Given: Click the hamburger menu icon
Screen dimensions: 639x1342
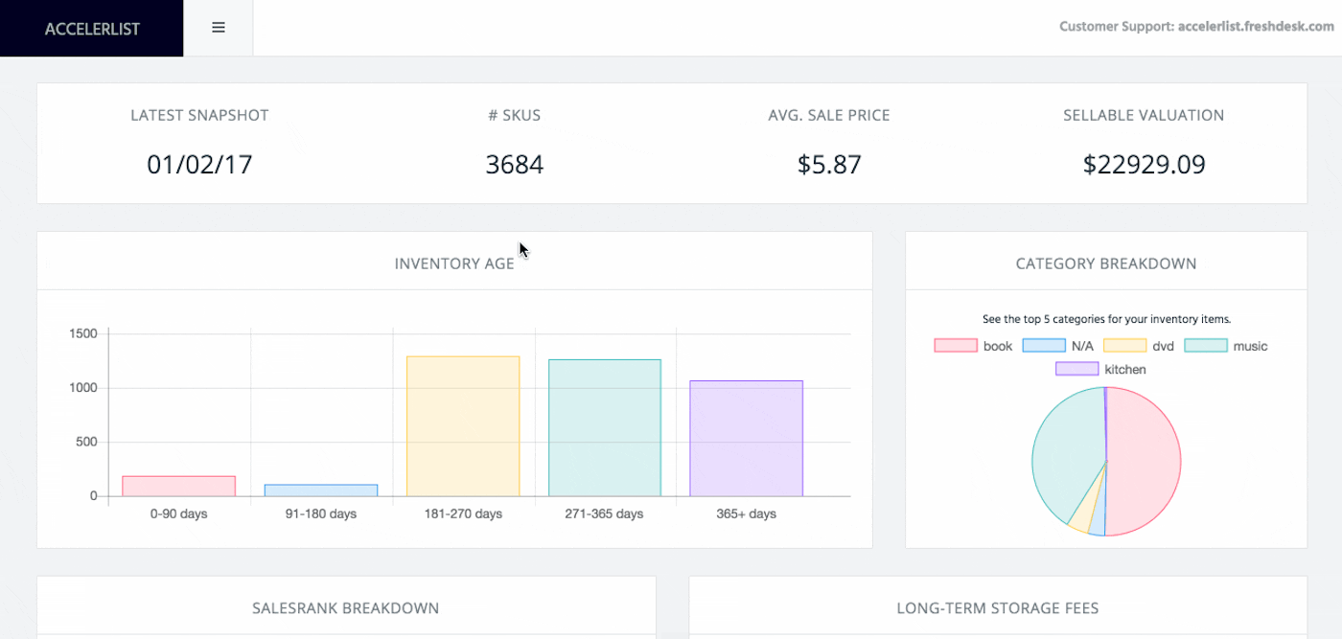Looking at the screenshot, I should click(x=219, y=28).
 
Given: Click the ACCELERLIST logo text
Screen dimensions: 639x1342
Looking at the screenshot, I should click(x=92, y=29).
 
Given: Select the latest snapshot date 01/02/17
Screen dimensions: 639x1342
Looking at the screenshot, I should click(x=199, y=165).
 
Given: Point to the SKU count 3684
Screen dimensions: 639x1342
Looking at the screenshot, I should click(x=514, y=165).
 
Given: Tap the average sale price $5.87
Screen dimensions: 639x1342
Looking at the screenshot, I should click(x=829, y=165).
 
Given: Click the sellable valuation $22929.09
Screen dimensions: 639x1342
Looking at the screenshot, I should click(x=1144, y=165).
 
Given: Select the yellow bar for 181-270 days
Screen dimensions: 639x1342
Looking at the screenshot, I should click(x=463, y=426).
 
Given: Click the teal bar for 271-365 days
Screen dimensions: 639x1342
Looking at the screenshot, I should click(x=605, y=428).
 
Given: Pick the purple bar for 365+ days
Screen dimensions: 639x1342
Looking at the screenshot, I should click(x=746, y=439).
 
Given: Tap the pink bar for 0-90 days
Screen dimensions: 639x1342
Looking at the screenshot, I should click(x=179, y=487).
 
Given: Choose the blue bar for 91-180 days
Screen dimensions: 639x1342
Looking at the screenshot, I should click(x=321, y=491).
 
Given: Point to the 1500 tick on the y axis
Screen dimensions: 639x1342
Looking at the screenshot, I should click(x=83, y=333).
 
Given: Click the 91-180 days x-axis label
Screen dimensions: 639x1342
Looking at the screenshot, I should click(x=321, y=514).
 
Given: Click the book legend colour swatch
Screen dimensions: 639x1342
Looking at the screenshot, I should click(x=955, y=346).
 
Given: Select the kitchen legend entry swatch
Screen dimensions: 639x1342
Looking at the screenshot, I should click(x=1076, y=369).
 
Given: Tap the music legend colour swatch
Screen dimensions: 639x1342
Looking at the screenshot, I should click(x=1205, y=346).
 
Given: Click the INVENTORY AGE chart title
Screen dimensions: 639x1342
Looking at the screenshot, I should click(x=454, y=263).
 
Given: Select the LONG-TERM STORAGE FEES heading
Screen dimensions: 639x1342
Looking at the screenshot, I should click(x=997, y=608).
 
